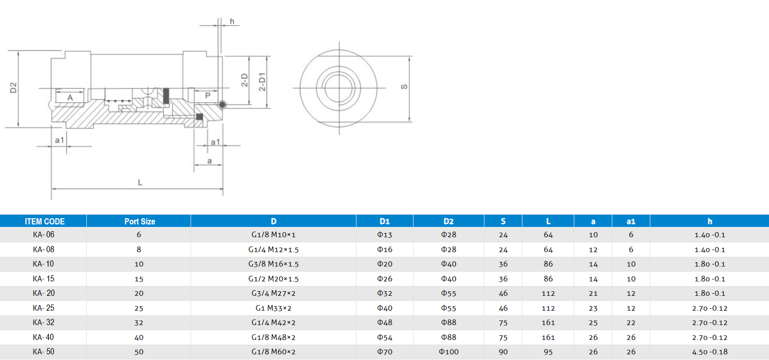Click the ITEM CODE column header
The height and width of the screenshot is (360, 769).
[x=45, y=221]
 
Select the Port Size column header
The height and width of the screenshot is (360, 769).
[x=139, y=221]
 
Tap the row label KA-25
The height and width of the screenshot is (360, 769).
[x=43, y=308]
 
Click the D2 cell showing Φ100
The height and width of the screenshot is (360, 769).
[x=448, y=352]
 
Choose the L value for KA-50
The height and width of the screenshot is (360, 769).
[x=548, y=352]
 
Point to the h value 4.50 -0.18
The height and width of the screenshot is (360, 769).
[x=709, y=352]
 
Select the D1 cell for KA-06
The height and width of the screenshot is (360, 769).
[x=384, y=235]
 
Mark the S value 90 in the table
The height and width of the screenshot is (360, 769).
[x=503, y=352]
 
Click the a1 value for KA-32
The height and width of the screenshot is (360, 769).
[x=631, y=323]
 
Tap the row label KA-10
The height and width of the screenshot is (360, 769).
[x=43, y=264]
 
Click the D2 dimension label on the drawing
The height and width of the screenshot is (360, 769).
[x=14, y=88]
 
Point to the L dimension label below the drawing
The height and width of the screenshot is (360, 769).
[x=140, y=183]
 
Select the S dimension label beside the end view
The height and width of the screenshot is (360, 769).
[x=404, y=87]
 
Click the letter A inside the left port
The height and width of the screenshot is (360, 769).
[x=70, y=97]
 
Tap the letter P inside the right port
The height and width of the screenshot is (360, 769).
[x=208, y=96]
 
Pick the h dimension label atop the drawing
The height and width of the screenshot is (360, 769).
[x=232, y=21]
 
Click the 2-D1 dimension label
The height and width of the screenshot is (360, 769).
[x=262, y=82]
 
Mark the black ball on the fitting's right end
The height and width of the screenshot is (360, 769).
[x=222, y=105]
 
